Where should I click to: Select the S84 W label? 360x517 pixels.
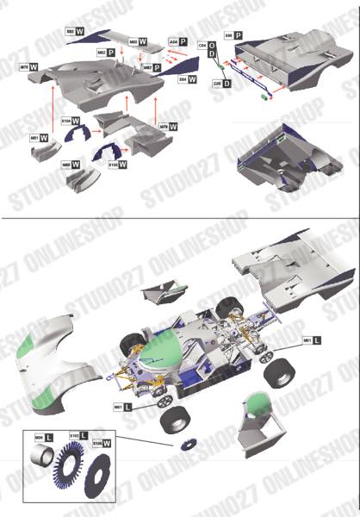[186, 78]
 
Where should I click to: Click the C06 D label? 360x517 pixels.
[221, 84]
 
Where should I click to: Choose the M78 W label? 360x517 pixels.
[168, 126]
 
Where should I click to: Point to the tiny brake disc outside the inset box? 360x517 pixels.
[187, 445]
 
